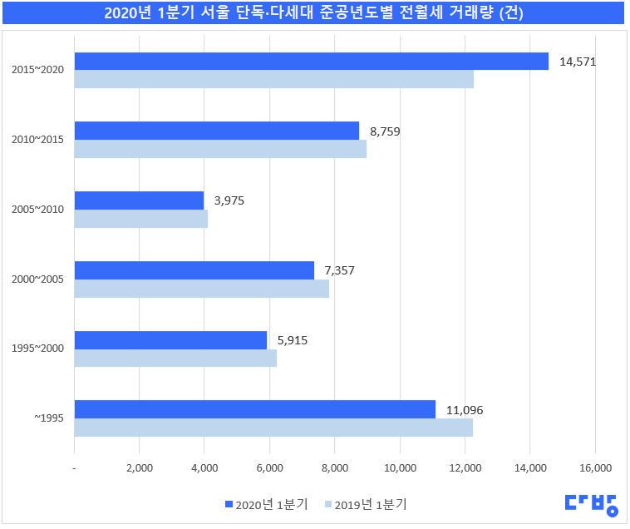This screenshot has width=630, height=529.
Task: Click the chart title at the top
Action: tap(315, 13)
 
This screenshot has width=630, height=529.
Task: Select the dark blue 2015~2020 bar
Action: tap(311, 62)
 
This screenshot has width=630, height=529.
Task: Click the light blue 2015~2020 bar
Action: tap(273, 79)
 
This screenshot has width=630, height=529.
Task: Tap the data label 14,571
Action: tap(578, 62)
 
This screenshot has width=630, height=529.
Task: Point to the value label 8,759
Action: tap(385, 131)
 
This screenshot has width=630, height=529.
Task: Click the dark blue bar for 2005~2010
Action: tap(139, 200)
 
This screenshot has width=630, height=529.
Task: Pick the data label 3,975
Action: tap(229, 200)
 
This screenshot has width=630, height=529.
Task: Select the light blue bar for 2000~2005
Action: tap(201, 288)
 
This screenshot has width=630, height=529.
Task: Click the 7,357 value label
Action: tap(339, 269)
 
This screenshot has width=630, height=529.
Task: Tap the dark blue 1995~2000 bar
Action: tap(170, 340)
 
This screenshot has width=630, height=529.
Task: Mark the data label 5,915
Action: tap(292, 339)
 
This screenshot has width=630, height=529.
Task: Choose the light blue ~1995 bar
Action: tap(273, 427)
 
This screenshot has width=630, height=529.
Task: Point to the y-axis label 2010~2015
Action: tap(38, 140)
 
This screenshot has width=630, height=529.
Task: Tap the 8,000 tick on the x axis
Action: tap(335, 468)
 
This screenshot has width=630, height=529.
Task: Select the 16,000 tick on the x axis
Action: tap(595, 468)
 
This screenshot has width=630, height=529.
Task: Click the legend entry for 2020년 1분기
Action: tap(266, 504)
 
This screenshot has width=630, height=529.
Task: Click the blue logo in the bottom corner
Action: tap(592, 503)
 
